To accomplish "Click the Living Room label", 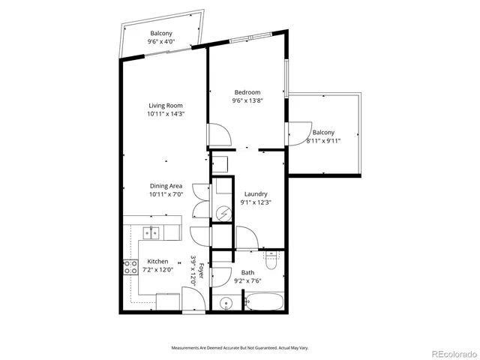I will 166,106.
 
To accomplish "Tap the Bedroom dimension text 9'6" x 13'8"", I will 247,100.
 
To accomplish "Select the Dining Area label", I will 166,185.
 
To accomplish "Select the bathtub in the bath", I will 264,303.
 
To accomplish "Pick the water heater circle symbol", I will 222,214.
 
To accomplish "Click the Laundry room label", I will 253,193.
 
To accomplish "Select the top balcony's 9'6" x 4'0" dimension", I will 162,42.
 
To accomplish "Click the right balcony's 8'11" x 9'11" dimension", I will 323,140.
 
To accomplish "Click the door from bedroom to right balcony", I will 296,131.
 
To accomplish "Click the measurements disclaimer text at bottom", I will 240,348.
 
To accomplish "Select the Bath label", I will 247,273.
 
